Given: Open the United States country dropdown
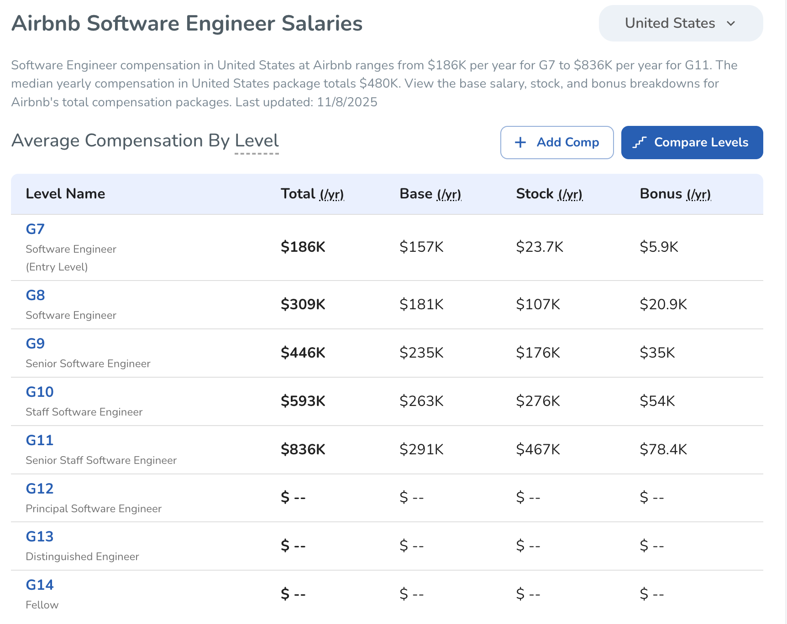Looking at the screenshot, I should coord(680,23).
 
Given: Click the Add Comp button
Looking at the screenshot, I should coord(556,142).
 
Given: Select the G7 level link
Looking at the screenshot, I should coord(35,229).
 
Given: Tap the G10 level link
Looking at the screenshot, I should coord(40,392).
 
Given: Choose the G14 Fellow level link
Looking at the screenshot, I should coord(40,585).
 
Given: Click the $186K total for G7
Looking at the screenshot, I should coord(303,247).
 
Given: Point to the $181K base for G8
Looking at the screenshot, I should coord(421,304).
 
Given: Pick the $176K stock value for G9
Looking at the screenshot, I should coord(538,353).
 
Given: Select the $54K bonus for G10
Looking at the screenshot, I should coord(657,401).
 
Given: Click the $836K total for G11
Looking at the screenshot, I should coord(303,449).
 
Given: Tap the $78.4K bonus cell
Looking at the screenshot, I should coord(663,449).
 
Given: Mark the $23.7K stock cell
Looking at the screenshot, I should coord(540,247).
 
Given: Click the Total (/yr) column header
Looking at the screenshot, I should coord(312,194).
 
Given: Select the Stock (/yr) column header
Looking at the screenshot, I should coord(549,194).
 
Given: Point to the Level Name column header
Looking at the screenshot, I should coord(65,194).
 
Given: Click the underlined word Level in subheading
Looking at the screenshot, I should coord(257,141).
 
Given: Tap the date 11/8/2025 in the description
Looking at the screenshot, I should coord(347,102).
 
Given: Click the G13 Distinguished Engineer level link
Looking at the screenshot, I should coord(40,536).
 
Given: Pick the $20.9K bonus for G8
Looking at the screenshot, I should coord(663,304).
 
